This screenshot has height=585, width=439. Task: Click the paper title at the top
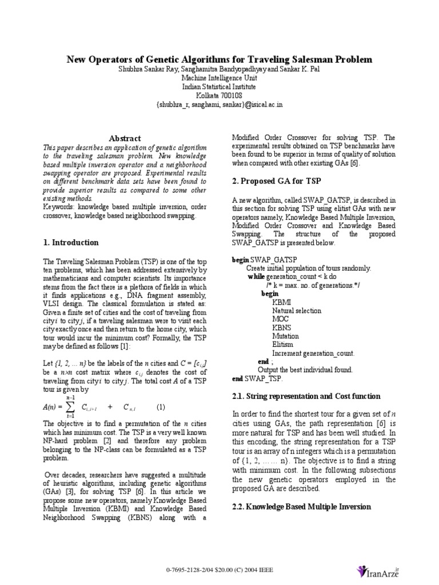click(x=219, y=59)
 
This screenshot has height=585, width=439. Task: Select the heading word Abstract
click(x=125, y=138)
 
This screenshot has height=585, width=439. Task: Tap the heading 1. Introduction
click(x=71, y=242)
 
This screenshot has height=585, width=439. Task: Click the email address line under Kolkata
click(x=219, y=105)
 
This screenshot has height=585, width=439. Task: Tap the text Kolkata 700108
click(x=219, y=96)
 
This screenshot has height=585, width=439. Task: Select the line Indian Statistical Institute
click(x=219, y=87)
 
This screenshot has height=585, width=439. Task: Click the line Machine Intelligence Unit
click(x=219, y=78)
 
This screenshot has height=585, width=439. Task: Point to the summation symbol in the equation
click(x=71, y=407)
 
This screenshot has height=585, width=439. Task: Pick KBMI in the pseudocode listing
click(x=282, y=302)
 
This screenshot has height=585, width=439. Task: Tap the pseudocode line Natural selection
click(x=297, y=311)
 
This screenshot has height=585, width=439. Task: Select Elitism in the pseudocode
click(x=283, y=344)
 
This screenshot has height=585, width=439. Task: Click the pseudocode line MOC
click(x=281, y=319)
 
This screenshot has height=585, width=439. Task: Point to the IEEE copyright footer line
click(x=219, y=570)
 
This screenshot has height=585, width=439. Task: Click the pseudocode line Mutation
click(x=285, y=336)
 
